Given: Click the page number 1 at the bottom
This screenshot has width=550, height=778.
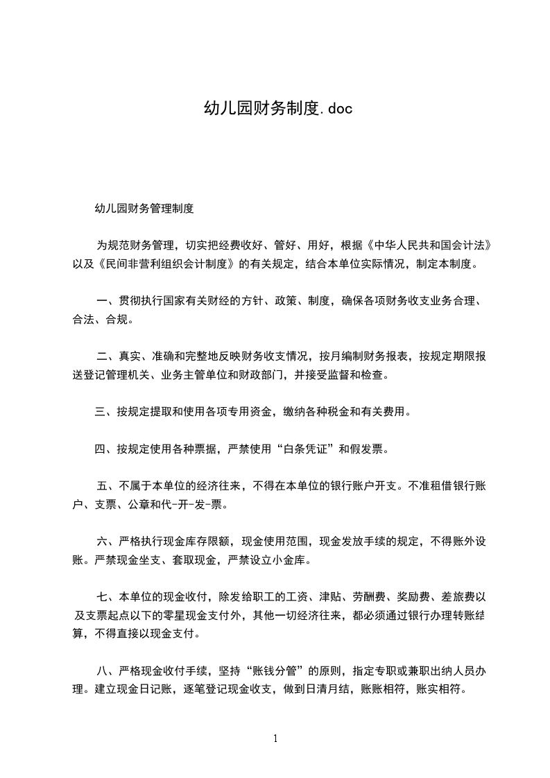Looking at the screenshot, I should coord(275,738).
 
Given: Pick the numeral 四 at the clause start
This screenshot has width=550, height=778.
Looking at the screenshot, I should coord(101,449).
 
